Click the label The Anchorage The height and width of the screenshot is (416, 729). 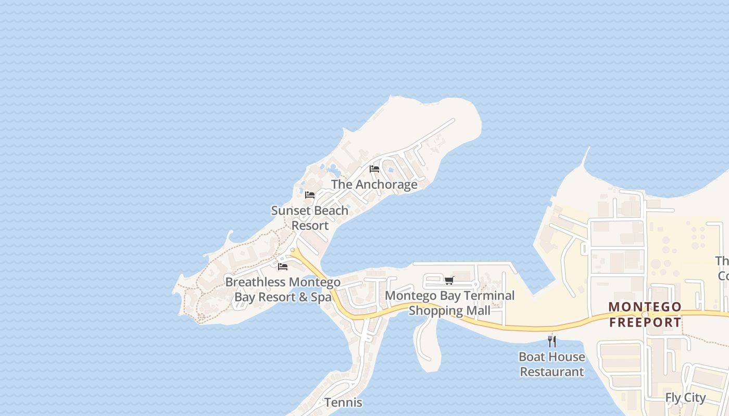pos(374,185)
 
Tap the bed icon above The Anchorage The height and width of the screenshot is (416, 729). pos(374,168)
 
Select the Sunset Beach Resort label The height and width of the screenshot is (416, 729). pos(310,218)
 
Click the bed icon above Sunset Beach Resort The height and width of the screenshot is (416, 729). pos(310,195)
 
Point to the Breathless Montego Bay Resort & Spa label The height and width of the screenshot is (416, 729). pos(283,290)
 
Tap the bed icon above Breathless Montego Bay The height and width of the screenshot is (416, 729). pos(283,267)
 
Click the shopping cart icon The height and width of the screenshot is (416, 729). pos(449,280)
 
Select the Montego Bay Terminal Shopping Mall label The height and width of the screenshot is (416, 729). pos(449,303)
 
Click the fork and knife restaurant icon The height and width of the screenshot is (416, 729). pos(552,342)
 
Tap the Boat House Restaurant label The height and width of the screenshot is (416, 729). pos(552,365)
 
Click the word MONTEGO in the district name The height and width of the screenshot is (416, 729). pos(645,307)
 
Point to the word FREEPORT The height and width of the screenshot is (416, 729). pos(645,322)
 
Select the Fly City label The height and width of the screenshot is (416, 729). pos(685,398)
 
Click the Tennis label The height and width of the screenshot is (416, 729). pos(343,402)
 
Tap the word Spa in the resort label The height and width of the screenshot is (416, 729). pos(321,297)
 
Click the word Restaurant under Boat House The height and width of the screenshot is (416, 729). pos(552,372)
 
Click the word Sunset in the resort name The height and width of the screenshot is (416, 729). pos(290,211)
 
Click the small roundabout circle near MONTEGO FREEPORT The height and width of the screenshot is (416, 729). pos(645,315)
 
